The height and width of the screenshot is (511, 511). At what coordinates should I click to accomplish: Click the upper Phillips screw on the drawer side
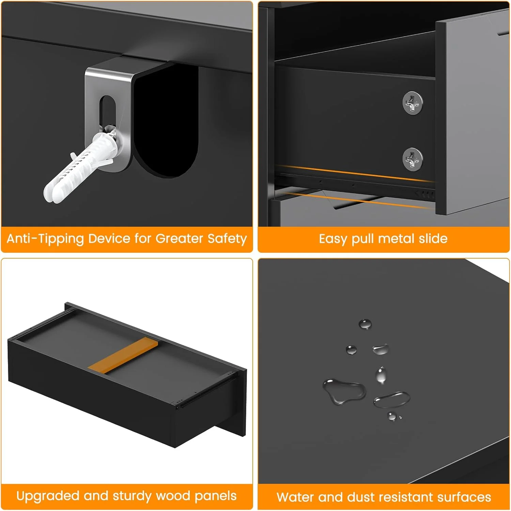pos(413,103)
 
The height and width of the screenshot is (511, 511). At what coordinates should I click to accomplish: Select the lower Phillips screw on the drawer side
pos(413,159)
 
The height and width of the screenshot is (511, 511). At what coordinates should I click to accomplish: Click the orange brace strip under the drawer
pos(123,354)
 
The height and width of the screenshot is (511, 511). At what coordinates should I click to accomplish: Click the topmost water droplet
pos(365,324)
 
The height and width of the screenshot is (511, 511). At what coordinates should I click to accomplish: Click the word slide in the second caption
pos(433,238)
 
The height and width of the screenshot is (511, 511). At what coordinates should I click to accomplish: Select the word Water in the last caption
pos(295,497)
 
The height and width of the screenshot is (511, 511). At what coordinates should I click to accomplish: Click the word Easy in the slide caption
pos(334,239)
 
